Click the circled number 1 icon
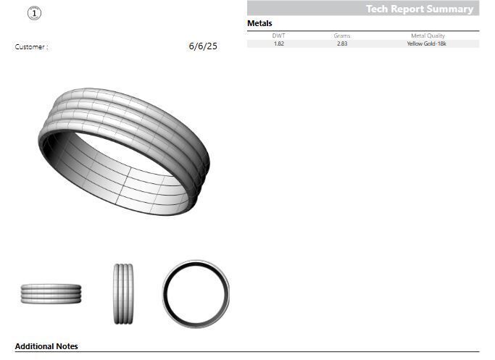(x=36, y=12)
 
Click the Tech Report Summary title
(x=419, y=9)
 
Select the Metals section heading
(x=259, y=24)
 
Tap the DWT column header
(x=278, y=35)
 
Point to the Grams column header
(x=342, y=35)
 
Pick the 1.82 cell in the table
(x=278, y=43)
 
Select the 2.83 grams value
(x=342, y=43)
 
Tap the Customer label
(x=31, y=47)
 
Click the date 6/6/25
(x=202, y=46)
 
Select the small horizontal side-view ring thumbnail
(x=51, y=293)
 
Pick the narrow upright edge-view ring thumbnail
(x=123, y=293)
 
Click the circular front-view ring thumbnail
(x=196, y=293)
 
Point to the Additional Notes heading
(x=46, y=346)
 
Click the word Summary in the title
(x=451, y=9)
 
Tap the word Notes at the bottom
(x=67, y=346)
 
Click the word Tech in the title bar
(x=377, y=9)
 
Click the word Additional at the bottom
(x=34, y=346)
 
